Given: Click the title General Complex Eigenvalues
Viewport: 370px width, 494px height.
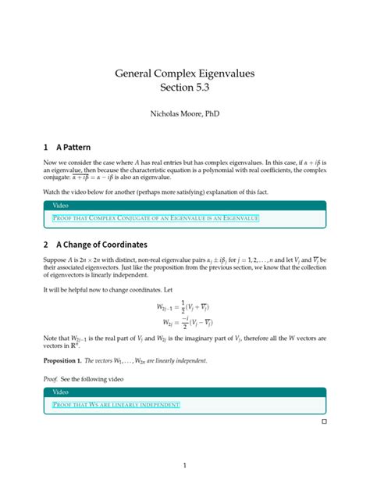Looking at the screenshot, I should click(184, 74).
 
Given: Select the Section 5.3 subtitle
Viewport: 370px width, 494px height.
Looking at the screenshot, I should click(184, 91).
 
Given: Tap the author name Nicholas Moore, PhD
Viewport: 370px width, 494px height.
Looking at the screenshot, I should click(184, 114).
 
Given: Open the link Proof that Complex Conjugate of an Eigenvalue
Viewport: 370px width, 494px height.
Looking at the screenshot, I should click(155, 219).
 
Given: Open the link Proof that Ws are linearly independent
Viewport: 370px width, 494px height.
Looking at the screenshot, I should click(116, 404).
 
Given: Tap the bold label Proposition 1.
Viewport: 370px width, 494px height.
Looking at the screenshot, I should click(69, 360).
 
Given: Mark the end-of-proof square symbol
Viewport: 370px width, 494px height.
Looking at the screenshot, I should click(323, 422).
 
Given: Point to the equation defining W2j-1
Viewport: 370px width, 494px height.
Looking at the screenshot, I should click(184, 308).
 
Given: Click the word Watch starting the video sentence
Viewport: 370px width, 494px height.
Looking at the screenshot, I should click(55, 191).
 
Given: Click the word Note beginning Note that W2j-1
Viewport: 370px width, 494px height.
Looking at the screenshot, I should click(52, 338).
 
